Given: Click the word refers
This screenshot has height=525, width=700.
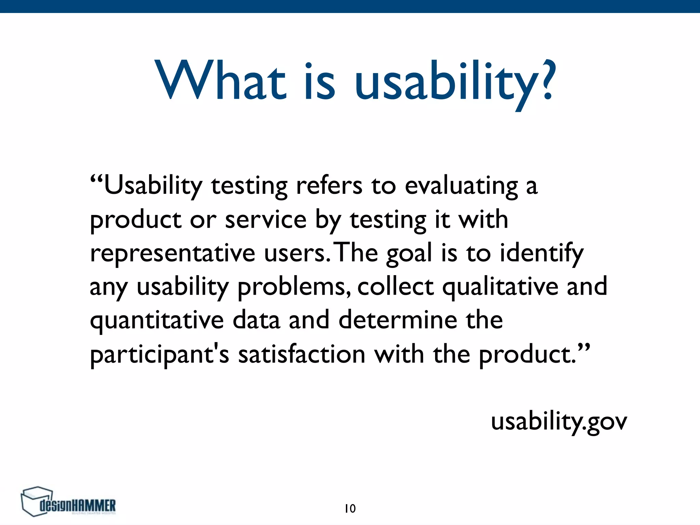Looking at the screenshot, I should pyautogui.click(x=329, y=186).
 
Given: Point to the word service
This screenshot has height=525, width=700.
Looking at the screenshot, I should pyautogui.click(x=266, y=220).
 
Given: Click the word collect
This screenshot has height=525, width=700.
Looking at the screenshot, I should pyautogui.click(x=395, y=286).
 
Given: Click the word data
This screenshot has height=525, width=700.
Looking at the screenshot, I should pyautogui.click(x=256, y=320).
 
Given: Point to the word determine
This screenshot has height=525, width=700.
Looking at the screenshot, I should pyautogui.click(x=398, y=320).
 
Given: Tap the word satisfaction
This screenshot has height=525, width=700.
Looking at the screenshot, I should pyautogui.click(x=302, y=354).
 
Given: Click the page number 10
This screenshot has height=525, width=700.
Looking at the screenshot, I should pyautogui.click(x=350, y=509).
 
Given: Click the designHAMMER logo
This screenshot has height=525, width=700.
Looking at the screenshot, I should pyautogui.click(x=68, y=502).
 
